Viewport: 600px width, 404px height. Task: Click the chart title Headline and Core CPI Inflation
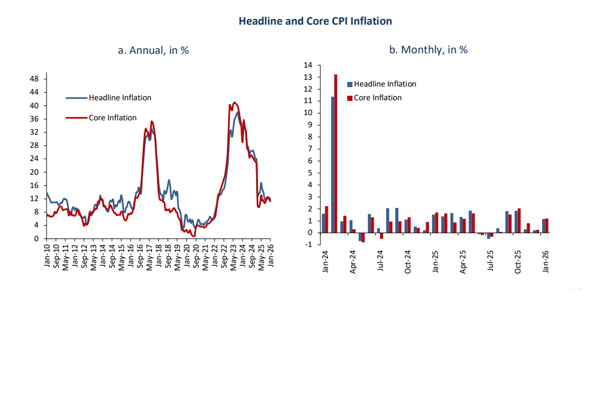[x=315, y=21]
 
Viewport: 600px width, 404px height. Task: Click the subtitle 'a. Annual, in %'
[x=153, y=50]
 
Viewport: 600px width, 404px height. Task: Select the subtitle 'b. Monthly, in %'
[x=428, y=50]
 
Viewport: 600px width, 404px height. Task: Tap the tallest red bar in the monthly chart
[x=336, y=154]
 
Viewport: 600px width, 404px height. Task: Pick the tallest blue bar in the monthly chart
[x=332, y=164]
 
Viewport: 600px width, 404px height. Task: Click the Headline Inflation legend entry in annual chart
[x=120, y=97]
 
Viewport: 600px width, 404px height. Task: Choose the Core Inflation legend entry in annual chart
[x=112, y=117]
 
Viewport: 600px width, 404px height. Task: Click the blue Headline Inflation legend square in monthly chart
[x=350, y=84]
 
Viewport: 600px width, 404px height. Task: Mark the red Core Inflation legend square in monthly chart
[x=350, y=98]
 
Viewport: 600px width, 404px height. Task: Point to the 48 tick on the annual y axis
[x=34, y=79]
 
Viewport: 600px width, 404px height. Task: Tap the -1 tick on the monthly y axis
[x=309, y=245]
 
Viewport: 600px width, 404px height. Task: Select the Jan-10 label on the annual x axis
[x=46, y=256]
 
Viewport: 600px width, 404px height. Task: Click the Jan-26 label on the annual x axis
[x=270, y=256]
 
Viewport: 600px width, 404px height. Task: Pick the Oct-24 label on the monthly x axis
[x=408, y=262]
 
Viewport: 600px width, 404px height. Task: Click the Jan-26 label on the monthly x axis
[x=546, y=262]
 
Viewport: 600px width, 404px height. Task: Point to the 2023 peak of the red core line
[x=234, y=103]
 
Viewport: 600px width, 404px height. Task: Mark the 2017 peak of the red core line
[x=151, y=121]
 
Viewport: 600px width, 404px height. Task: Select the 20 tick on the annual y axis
[x=34, y=172]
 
